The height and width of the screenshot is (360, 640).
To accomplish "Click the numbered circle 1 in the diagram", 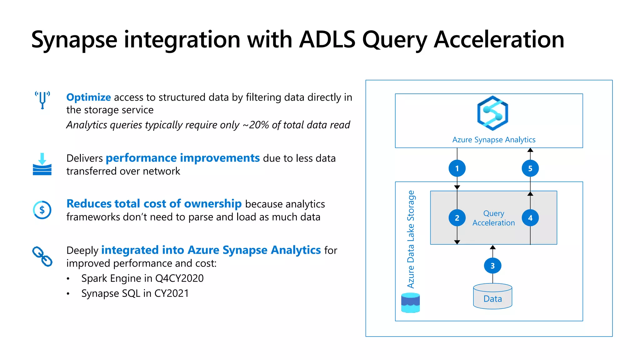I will [457, 168].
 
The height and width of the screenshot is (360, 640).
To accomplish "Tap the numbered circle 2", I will [457, 218].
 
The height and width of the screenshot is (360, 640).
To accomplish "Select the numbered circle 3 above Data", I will [492, 266].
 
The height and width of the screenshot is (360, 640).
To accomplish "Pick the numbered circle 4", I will [530, 218].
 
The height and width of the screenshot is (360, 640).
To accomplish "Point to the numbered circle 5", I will [530, 168].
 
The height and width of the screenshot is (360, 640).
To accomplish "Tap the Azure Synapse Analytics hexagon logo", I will [492, 113].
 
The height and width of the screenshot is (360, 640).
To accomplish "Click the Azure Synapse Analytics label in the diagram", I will [494, 140].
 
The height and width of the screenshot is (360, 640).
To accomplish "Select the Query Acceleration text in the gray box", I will [493, 218].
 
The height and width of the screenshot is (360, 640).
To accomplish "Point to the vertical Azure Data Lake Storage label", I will [411, 239].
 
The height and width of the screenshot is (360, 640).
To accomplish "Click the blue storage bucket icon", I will [410, 302].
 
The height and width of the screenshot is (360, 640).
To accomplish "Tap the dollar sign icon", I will [42, 210].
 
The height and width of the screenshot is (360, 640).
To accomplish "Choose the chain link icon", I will [42, 257].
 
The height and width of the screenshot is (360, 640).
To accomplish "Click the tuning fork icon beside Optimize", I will [42, 100].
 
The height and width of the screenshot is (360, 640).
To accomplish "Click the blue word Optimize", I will [88, 97].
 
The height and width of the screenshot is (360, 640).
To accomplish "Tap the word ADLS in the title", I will [327, 40].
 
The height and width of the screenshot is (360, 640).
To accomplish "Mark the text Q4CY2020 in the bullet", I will [179, 278].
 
